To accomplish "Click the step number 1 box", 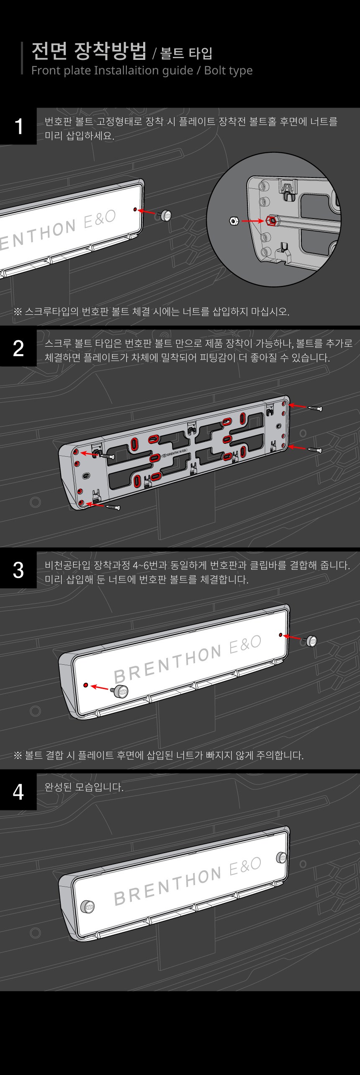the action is (18, 126).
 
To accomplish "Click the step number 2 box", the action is (18, 348).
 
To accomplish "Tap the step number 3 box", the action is (18, 570).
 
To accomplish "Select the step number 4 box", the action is (18, 792).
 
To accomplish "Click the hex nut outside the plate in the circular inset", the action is (234, 220).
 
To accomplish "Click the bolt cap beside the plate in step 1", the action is (165, 216).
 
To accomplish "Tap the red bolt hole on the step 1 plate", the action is (135, 209).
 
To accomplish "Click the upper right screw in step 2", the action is (315, 408).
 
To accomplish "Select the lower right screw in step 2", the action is (315, 450).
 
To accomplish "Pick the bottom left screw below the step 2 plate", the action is (113, 507).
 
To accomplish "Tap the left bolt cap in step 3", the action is (121, 691).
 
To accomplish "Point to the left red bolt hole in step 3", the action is (85, 685).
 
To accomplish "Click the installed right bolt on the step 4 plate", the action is (281, 857).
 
